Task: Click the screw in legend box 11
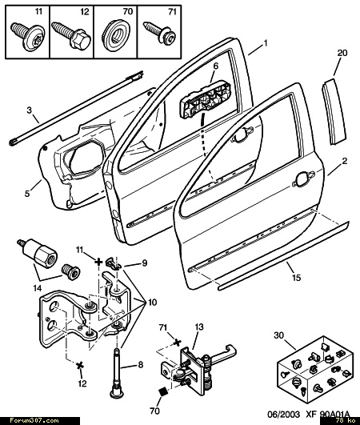[x=28, y=36]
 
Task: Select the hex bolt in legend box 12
[x=71, y=35]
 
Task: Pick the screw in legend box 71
[x=159, y=34]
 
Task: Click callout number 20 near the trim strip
[x=342, y=53]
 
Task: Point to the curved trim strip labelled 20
[x=334, y=110]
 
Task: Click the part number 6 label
[x=216, y=66]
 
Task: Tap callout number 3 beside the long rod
[x=30, y=110]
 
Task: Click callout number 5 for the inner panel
[x=27, y=194]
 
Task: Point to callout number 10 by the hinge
[x=153, y=303]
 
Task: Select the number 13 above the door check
[x=199, y=327]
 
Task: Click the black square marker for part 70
[x=163, y=392]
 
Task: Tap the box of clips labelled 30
[x=315, y=369]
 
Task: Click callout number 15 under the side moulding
[x=297, y=278]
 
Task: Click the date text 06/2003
[x=284, y=415]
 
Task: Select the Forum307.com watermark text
[x=34, y=421]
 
